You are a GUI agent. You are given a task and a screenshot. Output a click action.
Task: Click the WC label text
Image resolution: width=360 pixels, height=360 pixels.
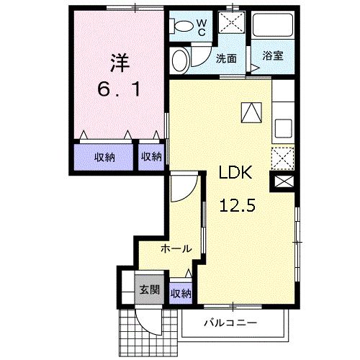point(202,27)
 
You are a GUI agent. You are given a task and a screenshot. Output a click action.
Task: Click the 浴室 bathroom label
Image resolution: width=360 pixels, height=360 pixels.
point(272,55)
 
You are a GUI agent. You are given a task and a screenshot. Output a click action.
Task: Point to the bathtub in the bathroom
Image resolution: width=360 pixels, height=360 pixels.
point(272,27)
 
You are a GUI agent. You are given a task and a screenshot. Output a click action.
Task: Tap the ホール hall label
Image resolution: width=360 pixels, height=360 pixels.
point(176,249)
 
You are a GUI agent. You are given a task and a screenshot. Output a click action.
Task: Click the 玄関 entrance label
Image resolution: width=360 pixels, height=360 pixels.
point(150,290)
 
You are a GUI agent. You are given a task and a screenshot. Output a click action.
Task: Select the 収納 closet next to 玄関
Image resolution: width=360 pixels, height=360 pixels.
point(181,292)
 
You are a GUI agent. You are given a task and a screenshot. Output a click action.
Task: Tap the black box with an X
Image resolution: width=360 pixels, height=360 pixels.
point(282,182)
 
